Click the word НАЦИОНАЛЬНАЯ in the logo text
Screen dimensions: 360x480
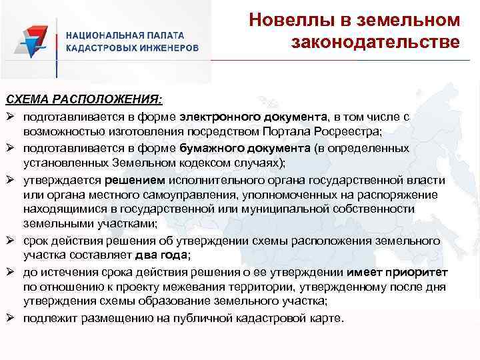click(x=100, y=36)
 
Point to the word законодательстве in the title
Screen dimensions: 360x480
click(x=375, y=43)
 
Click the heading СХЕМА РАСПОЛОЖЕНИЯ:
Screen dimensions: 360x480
click(x=83, y=99)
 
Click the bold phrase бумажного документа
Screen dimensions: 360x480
click(x=245, y=147)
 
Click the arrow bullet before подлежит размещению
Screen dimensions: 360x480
click(x=11, y=318)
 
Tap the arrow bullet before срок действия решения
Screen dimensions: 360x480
click(x=11, y=240)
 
